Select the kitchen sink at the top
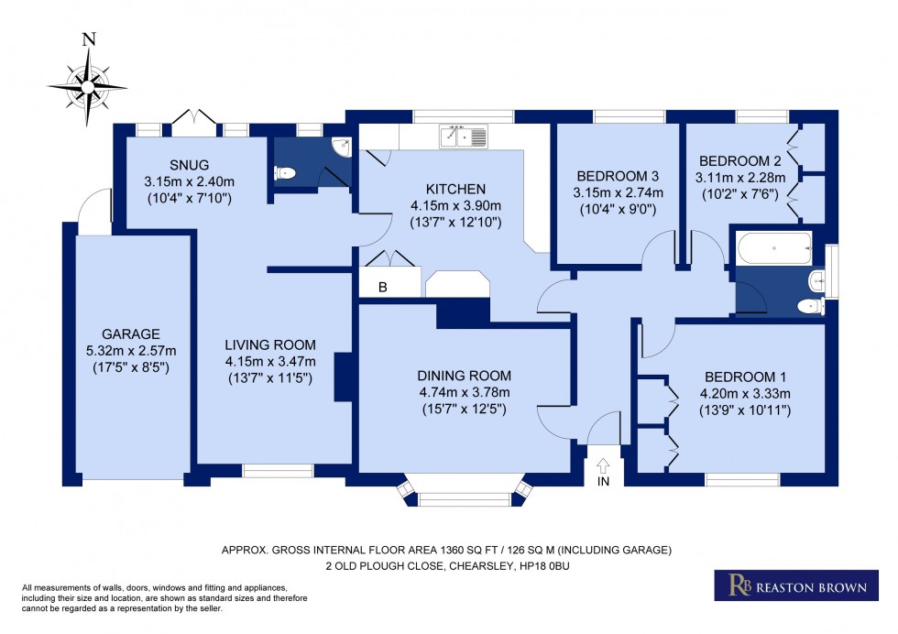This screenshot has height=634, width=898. point(465,137)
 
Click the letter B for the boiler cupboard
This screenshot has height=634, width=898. point(383,288)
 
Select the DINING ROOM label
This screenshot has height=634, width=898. point(464,376)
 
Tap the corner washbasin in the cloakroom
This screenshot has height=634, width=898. point(340,145)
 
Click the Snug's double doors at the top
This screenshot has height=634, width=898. point(197,119)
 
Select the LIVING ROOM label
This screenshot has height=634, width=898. point(270,345)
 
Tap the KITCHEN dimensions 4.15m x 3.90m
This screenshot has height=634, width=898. point(454,206)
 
